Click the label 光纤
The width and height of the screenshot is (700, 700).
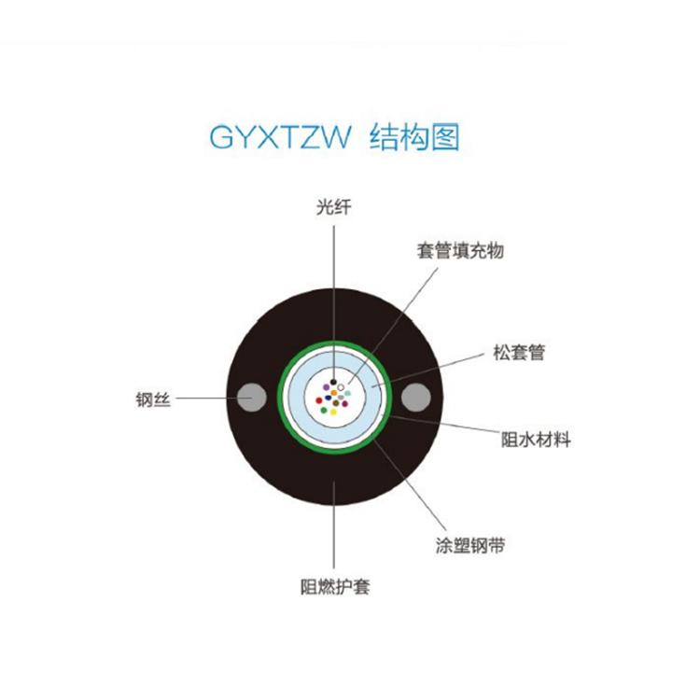pyautogui.click(x=333, y=207)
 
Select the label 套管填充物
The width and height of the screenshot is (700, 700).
pyautogui.click(x=460, y=250)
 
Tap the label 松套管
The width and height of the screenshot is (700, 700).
pyautogui.click(x=519, y=352)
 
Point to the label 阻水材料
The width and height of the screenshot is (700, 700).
pyautogui.click(x=536, y=440)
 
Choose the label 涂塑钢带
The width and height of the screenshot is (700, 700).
pyautogui.click(x=470, y=545)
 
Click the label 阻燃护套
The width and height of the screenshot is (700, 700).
pyautogui.click(x=335, y=586)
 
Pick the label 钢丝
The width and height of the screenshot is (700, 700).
pyautogui.click(x=153, y=399)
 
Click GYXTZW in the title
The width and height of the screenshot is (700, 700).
pyautogui.click(x=280, y=136)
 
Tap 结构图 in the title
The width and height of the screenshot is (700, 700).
pyautogui.click(x=414, y=136)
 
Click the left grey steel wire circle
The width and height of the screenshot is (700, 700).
pyautogui.click(x=252, y=398)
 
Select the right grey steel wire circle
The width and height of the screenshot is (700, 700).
pyautogui.click(x=416, y=398)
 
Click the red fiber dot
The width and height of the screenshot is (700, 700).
pyautogui.click(x=319, y=400)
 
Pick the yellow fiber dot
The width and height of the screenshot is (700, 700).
pyautogui.click(x=333, y=412)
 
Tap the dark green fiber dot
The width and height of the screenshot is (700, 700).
pyautogui.click(x=324, y=410)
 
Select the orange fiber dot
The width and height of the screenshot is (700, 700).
pyautogui.click(x=334, y=393)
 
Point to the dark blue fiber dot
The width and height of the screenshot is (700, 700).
pyautogui.click(x=329, y=398)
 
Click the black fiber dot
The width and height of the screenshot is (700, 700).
pyautogui.click(x=333, y=382)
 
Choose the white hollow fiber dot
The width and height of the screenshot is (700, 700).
pyautogui.click(x=341, y=387)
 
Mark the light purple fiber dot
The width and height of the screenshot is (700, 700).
pyautogui.click(x=327, y=387)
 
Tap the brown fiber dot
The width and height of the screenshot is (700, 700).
pyautogui.click(x=336, y=403)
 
